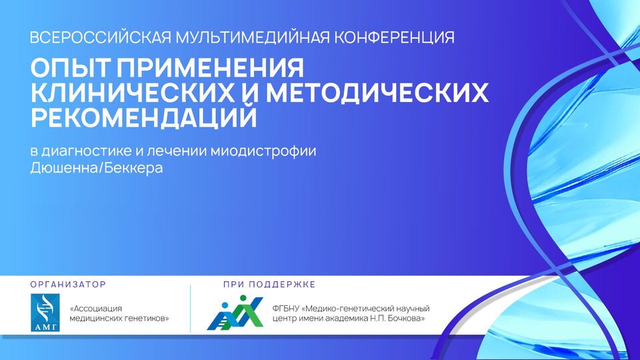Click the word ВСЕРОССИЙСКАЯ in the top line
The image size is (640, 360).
click(x=101, y=37)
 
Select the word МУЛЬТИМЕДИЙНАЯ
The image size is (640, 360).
click(x=253, y=37)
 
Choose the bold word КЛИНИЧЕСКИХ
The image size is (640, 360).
click(x=133, y=93)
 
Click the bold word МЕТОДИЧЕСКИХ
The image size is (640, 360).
click(x=377, y=93)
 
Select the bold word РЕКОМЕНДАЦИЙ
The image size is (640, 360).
click(x=144, y=117)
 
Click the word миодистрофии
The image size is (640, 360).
click(x=263, y=151)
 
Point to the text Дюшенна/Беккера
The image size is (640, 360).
click(x=96, y=168)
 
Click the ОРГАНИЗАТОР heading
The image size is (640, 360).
click(x=68, y=284)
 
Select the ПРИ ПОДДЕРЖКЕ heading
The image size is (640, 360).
click(x=269, y=284)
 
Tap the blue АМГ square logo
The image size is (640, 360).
click(x=45, y=313)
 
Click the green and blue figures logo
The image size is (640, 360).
click(x=235, y=313)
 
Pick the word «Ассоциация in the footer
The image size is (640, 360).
click(x=96, y=309)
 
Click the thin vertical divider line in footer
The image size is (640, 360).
click(x=190, y=309)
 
